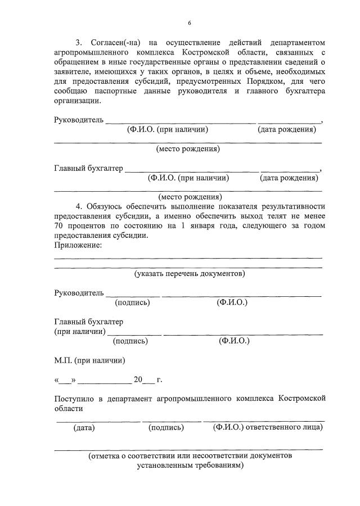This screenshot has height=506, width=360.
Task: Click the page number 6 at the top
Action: pyautogui.click(x=190, y=23)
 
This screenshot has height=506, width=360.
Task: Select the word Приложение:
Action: pyautogui.click(x=78, y=245)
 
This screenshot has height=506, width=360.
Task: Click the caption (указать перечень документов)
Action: pyautogui.click(x=190, y=274)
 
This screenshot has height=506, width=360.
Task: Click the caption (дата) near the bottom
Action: pyautogui.click(x=84, y=428)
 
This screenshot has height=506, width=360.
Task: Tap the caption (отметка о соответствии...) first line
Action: pyautogui.click(x=190, y=456)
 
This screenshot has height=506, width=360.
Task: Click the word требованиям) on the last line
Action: pyautogui.click(x=218, y=466)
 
